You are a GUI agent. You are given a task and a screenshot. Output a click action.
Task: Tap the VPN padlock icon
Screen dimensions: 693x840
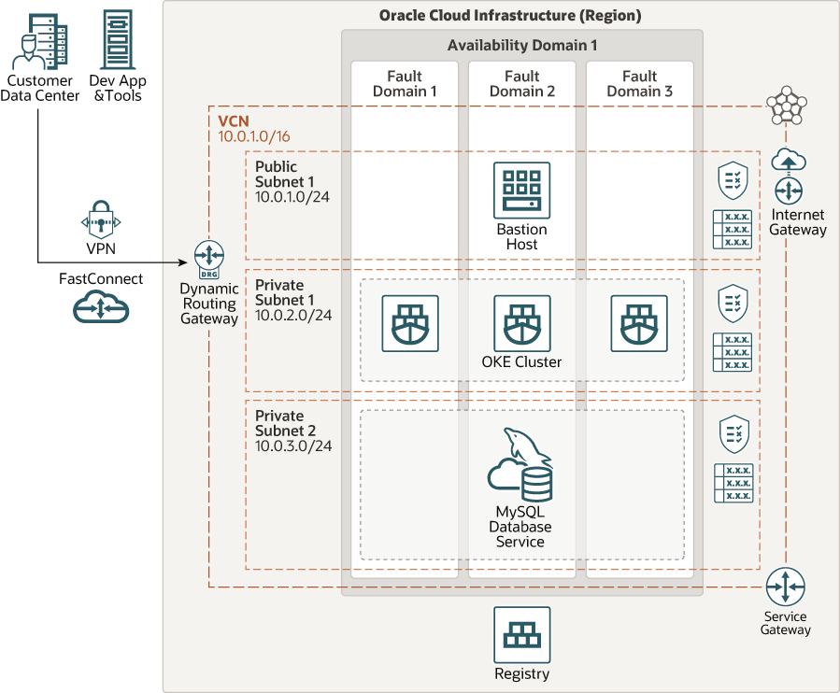pos(100,221)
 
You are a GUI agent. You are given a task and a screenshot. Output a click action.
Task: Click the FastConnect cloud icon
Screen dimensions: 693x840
pos(100,306)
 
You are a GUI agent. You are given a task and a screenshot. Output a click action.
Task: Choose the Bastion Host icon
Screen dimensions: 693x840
pos(521,191)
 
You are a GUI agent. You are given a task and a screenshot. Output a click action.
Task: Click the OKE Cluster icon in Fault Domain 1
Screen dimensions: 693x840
pos(409,323)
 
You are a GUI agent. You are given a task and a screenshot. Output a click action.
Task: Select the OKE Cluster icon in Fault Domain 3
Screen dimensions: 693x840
pos(639,323)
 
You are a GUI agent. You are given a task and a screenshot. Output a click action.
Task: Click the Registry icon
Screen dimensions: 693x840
pos(521,635)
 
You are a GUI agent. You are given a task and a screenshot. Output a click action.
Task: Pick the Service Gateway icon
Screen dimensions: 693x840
pos(785,587)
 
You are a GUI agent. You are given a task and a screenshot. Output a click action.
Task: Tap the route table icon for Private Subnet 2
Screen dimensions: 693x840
pos(733,483)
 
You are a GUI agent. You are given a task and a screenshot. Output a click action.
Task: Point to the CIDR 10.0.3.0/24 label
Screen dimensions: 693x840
pos(292,445)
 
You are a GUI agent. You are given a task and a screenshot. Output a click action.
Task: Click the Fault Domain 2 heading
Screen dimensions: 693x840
pos(522,83)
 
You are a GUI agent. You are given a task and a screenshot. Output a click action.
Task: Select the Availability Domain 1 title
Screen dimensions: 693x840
pos(521,45)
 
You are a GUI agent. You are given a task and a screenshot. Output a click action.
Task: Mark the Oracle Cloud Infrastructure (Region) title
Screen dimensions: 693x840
pos(510,16)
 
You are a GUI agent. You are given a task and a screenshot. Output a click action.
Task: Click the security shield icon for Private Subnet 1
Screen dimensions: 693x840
pos(732,304)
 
